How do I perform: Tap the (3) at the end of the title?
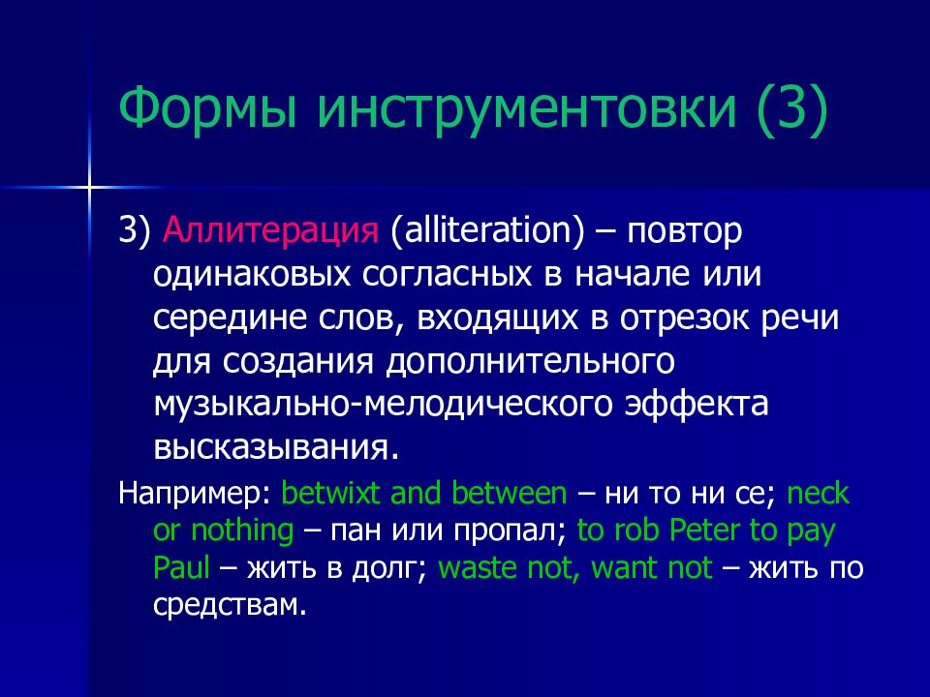tap(791, 109)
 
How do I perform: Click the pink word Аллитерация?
tap(270, 230)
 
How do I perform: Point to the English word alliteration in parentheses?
tap(487, 229)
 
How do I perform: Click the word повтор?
tap(685, 231)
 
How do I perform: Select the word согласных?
tap(447, 275)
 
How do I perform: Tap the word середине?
tap(231, 318)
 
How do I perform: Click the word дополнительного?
tap(530, 362)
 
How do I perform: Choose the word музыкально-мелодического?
tap(383, 405)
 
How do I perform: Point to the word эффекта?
tap(697, 404)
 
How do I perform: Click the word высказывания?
tap(276, 448)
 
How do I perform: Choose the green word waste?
tap(478, 568)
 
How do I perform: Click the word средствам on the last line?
tap(230, 604)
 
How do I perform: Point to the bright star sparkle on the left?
tap(89, 187)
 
